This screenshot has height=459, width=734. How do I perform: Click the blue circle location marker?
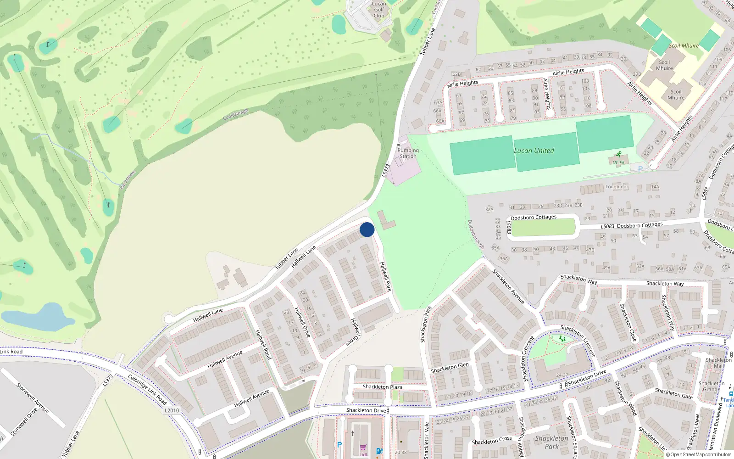pyautogui.click(x=367, y=229)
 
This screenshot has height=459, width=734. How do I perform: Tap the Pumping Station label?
pyautogui.click(x=408, y=153)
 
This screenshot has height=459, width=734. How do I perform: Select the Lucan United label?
pyautogui.click(x=534, y=151)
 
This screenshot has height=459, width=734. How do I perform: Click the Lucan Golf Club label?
pyautogui.click(x=379, y=10)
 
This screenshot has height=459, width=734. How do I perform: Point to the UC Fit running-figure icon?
pyautogui.click(x=618, y=155)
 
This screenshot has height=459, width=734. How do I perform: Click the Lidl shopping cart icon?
pyautogui.click(x=363, y=448)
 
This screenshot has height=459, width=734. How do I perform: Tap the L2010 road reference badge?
pyautogui.click(x=172, y=410)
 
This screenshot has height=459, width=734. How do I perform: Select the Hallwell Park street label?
pyautogui.click(x=386, y=276)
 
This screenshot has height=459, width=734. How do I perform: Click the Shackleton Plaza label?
pyautogui.click(x=383, y=387)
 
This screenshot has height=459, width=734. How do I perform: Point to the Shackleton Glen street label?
pyautogui.click(x=450, y=368)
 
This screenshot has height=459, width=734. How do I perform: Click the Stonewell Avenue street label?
pyautogui.click(x=33, y=398)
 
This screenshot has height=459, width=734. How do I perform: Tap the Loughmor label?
pyautogui.click(x=617, y=187)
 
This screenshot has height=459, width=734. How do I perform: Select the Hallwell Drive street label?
pyautogui.click(x=303, y=322)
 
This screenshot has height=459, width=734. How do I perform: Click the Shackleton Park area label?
pyautogui.click(x=551, y=442)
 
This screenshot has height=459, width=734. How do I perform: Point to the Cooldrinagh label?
pyautogui.click(x=235, y=115)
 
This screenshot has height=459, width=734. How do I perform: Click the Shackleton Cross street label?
pyautogui.click(x=492, y=440)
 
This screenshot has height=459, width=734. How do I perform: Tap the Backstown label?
pyautogui.click(x=128, y=179)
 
